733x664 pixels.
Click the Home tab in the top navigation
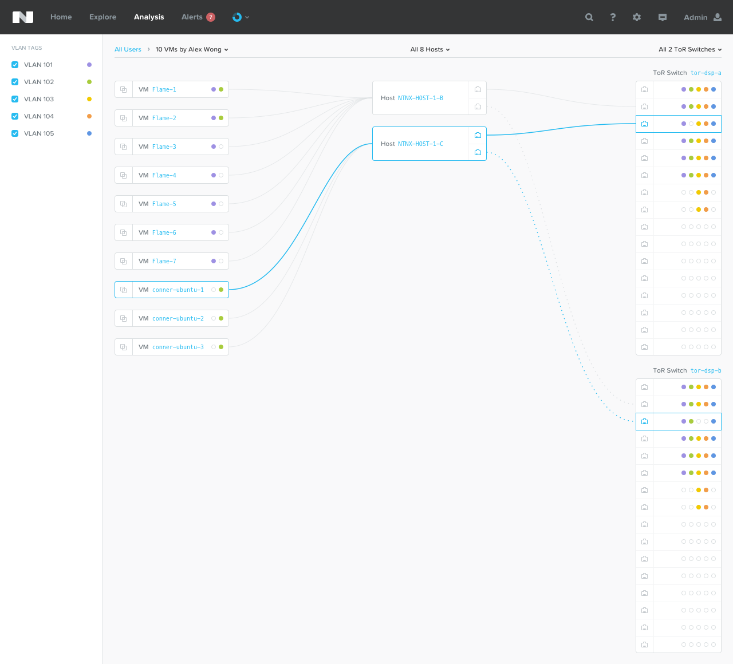coord(61,17)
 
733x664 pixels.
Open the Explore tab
coord(103,17)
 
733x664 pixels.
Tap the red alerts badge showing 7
coord(211,17)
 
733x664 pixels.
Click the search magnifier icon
coord(589,17)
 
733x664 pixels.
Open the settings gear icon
coord(637,17)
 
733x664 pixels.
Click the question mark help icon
coord(613,17)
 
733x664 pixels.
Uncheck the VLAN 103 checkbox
coord(15,99)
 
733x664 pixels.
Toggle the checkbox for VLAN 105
coord(15,133)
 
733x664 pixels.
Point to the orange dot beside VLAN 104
coord(89,116)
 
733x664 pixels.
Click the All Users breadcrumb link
coord(128,49)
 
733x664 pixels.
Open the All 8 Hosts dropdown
coord(429,49)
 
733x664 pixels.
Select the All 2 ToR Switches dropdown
coord(690,49)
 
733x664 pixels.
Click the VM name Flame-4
coord(164,175)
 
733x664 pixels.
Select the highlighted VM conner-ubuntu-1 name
coord(178,290)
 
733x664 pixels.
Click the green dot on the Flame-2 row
coord(221,118)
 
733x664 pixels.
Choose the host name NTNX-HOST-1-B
coord(420,98)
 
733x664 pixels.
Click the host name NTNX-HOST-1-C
coord(420,144)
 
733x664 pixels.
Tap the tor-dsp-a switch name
coord(706,73)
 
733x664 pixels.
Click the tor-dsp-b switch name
coord(706,370)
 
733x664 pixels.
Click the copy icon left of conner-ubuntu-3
coord(124,347)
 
